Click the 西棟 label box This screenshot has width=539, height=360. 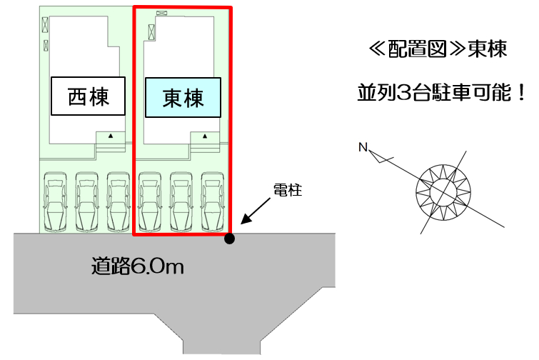[88, 96]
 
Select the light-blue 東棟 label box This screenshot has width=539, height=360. [183, 98]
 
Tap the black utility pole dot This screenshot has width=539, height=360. [230, 239]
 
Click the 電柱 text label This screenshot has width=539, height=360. [288, 190]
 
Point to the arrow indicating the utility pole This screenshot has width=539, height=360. [256, 211]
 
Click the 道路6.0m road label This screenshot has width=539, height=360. [138, 266]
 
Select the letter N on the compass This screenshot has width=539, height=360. [363, 147]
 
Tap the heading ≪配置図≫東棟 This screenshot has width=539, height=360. [438, 49]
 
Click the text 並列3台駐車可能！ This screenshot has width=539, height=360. [442, 92]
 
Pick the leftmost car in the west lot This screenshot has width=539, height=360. [55, 202]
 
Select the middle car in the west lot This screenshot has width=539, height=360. [86, 202]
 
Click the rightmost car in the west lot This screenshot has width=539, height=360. [119, 202]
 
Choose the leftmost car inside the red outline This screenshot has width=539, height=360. [149, 202]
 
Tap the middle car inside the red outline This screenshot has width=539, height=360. [181, 202]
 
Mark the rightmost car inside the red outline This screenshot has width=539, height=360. [213, 202]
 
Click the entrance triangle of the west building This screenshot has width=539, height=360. [111, 136]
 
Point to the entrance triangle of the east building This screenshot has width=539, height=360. [205, 136]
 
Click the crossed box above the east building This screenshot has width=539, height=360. [161, 13]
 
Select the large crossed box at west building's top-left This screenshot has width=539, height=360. [45, 25]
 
